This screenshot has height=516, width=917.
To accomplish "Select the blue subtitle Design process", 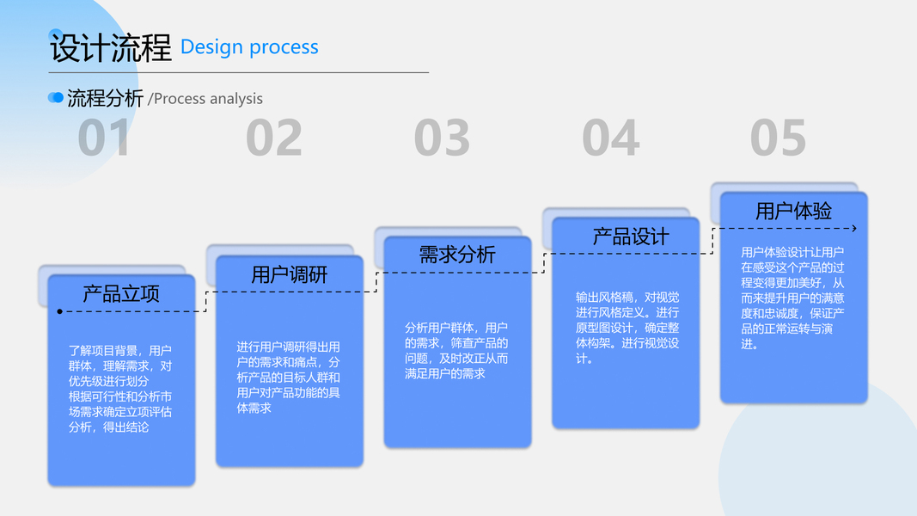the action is click(249, 47).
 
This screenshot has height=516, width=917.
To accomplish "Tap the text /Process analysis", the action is click(205, 99).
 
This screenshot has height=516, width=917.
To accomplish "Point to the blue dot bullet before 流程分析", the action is click(56, 98).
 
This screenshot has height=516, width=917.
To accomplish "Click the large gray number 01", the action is click(105, 138).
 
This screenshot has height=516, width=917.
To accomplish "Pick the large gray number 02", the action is click(274, 138).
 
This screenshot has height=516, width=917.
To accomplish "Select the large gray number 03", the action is click(442, 138).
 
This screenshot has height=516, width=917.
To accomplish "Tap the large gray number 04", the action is click(610, 138).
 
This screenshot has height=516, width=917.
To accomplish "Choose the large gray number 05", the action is click(778, 138).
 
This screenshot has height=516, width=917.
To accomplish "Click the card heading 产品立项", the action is click(121, 294).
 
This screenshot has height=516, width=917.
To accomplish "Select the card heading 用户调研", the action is click(289, 275).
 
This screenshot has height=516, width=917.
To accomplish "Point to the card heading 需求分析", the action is click(457, 255).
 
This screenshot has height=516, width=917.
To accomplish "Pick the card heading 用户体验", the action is click(793, 211).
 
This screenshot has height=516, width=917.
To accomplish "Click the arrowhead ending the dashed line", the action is click(853, 228).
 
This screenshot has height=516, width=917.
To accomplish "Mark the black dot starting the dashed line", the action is click(59, 311).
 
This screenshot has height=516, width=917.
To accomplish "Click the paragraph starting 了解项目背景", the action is click(120, 389).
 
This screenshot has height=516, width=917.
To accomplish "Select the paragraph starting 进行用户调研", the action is click(289, 377).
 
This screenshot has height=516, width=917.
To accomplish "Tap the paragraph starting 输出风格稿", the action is click(627, 328).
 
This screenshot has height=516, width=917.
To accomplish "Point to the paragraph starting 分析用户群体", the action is click(456, 350).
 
